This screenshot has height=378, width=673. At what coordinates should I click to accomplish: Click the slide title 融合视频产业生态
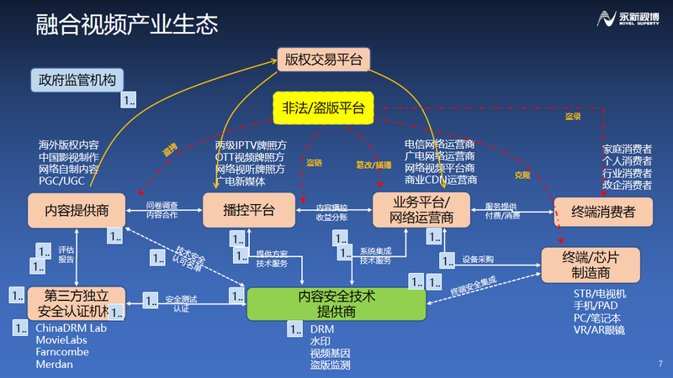click(x=127, y=24)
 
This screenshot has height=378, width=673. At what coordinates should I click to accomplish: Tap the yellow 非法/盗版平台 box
click(x=324, y=106)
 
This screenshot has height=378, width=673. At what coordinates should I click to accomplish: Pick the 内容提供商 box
click(x=77, y=209)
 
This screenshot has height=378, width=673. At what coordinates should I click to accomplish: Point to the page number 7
click(x=660, y=363)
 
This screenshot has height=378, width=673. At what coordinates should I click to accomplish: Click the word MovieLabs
click(x=62, y=340)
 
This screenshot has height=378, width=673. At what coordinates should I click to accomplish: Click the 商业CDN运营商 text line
click(x=441, y=180)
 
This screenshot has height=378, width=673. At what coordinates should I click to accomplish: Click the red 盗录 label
click(x=572, y=118)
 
